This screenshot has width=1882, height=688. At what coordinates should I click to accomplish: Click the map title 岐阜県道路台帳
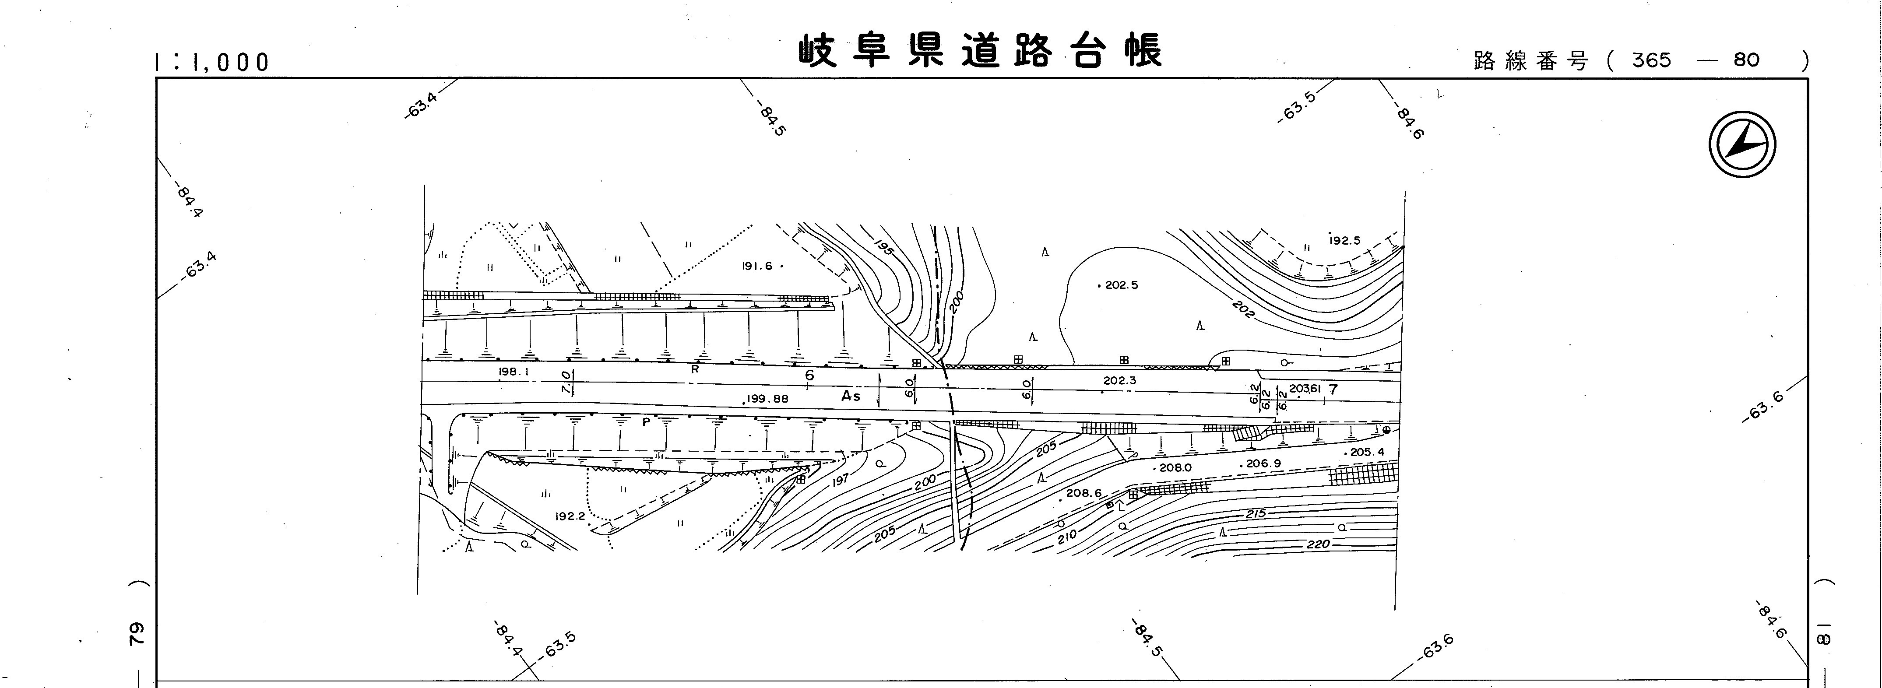tap(979, 51)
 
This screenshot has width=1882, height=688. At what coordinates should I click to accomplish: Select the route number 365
tap(1651, 60)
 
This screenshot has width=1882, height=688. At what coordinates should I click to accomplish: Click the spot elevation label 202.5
tap(1121, 285)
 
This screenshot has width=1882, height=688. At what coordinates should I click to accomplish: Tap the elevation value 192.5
tap(1344, 240)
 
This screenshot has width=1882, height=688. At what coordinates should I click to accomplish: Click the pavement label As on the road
tap(851, 396)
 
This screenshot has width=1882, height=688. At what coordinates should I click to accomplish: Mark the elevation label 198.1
tap(514, 372)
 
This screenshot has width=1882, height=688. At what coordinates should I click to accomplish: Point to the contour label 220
tap(1319, 544)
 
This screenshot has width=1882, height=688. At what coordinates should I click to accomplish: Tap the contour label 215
tap(1255, 513)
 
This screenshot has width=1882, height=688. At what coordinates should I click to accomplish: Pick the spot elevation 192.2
tap(570, 516)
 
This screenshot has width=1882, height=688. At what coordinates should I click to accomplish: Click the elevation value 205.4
tap(1366, 452)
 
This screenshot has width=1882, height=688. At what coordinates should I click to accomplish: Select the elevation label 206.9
tap(1263, 463)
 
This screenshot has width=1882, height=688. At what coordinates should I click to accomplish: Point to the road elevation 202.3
tap(1119, 380)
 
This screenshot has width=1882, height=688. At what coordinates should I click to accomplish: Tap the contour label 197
tap(840, 479)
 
